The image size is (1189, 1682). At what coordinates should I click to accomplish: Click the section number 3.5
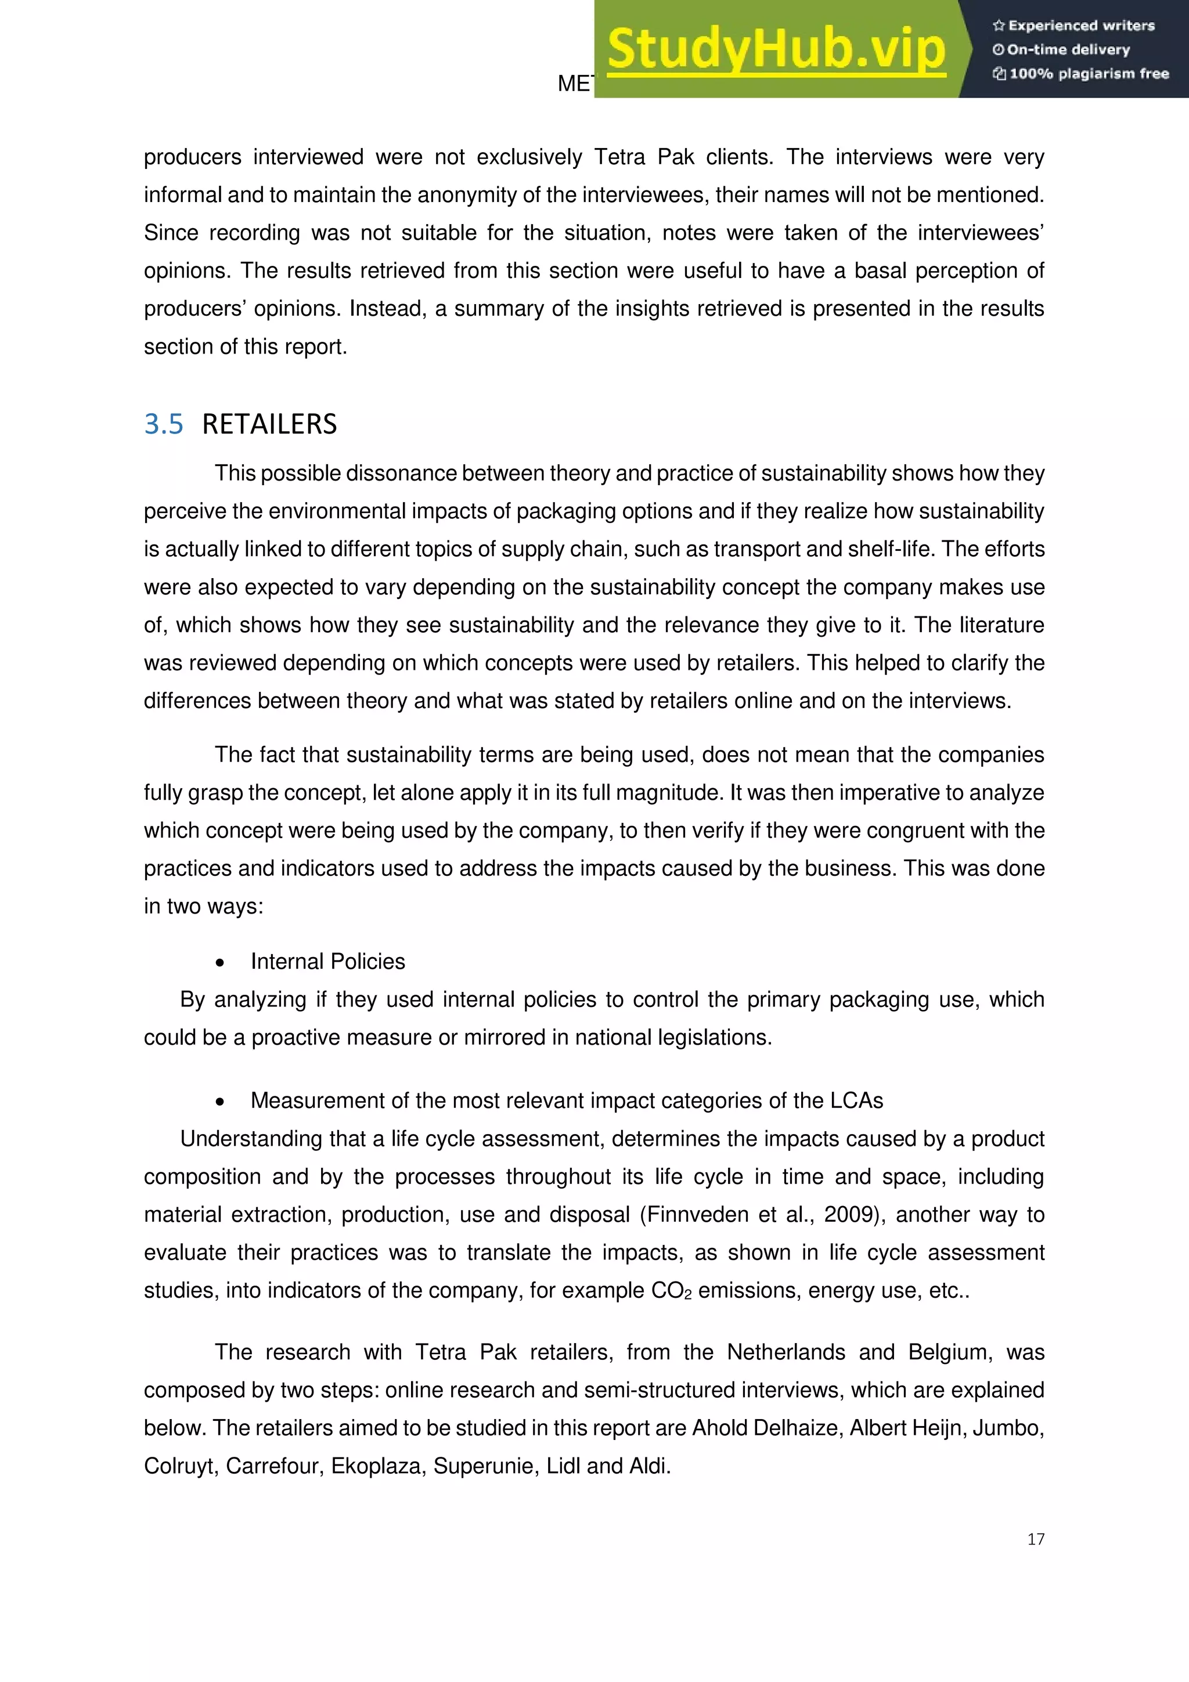(x=163, y=424)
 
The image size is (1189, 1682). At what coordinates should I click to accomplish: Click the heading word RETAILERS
(x=269, y=424)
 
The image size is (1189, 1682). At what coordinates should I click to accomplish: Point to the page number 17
(x=1035, y=1539)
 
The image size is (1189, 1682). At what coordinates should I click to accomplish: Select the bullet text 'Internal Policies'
(x=327, y=961)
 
